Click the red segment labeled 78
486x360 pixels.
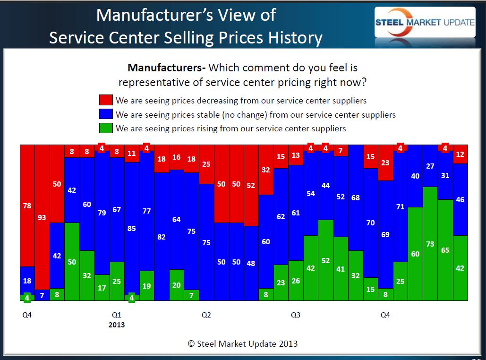(x=27, y=206)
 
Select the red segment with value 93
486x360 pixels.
(x=43, y=217)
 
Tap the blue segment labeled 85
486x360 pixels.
(x=132, y=229)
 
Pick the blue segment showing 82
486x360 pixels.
(x=162, y=237)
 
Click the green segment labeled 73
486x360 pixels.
(x=430, y=244)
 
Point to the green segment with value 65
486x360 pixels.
(x=445, y=250)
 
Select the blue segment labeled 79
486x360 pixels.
(x=102, y=213)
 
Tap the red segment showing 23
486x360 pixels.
(x=385, y=163)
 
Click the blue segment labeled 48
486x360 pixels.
(x=251, y=263)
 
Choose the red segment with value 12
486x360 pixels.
(x=460, y=154)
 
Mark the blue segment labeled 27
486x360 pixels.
(x=430, y=166)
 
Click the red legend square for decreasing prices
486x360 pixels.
(x=106, y=100)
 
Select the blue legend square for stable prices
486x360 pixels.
(x=106, y=114)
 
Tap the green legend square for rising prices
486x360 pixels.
(x=106, y=128)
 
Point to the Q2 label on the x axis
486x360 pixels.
(x=206, y=315)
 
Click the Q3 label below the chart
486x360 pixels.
(x=296, y=315)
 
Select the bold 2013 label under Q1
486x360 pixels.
(x=117, y=325)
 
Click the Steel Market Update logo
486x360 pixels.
(x=425, y=22)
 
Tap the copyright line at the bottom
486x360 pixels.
(x=243, y=344)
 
